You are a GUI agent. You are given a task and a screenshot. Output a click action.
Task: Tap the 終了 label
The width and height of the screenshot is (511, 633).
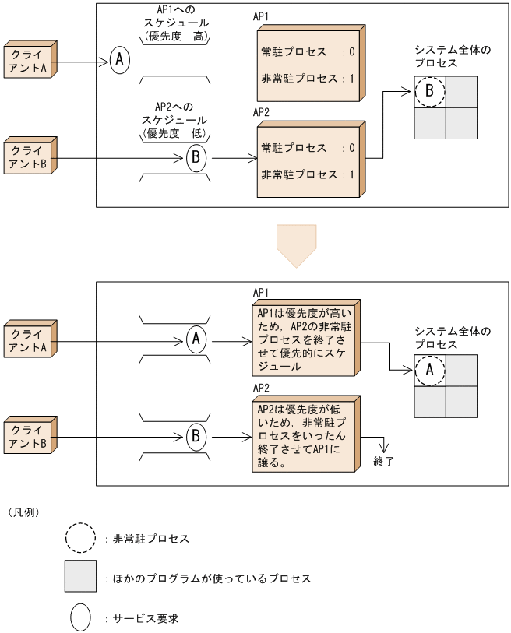click(x=384, y=461)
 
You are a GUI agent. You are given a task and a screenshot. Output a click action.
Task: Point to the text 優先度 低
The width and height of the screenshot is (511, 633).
click(x=174, y=133)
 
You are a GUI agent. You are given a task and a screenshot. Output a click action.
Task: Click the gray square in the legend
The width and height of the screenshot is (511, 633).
click(x=81, y=576)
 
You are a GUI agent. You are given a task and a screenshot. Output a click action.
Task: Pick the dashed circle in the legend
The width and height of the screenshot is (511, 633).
click(x=80, y=537)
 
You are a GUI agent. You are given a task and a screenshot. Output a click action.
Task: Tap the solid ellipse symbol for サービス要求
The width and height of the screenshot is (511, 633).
click(x=80, y=617)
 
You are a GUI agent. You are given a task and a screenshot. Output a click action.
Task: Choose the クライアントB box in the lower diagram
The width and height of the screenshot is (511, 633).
click(x=28, y=437)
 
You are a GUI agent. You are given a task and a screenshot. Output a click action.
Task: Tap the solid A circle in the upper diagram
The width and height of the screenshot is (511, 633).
click(x=119, y=59)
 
